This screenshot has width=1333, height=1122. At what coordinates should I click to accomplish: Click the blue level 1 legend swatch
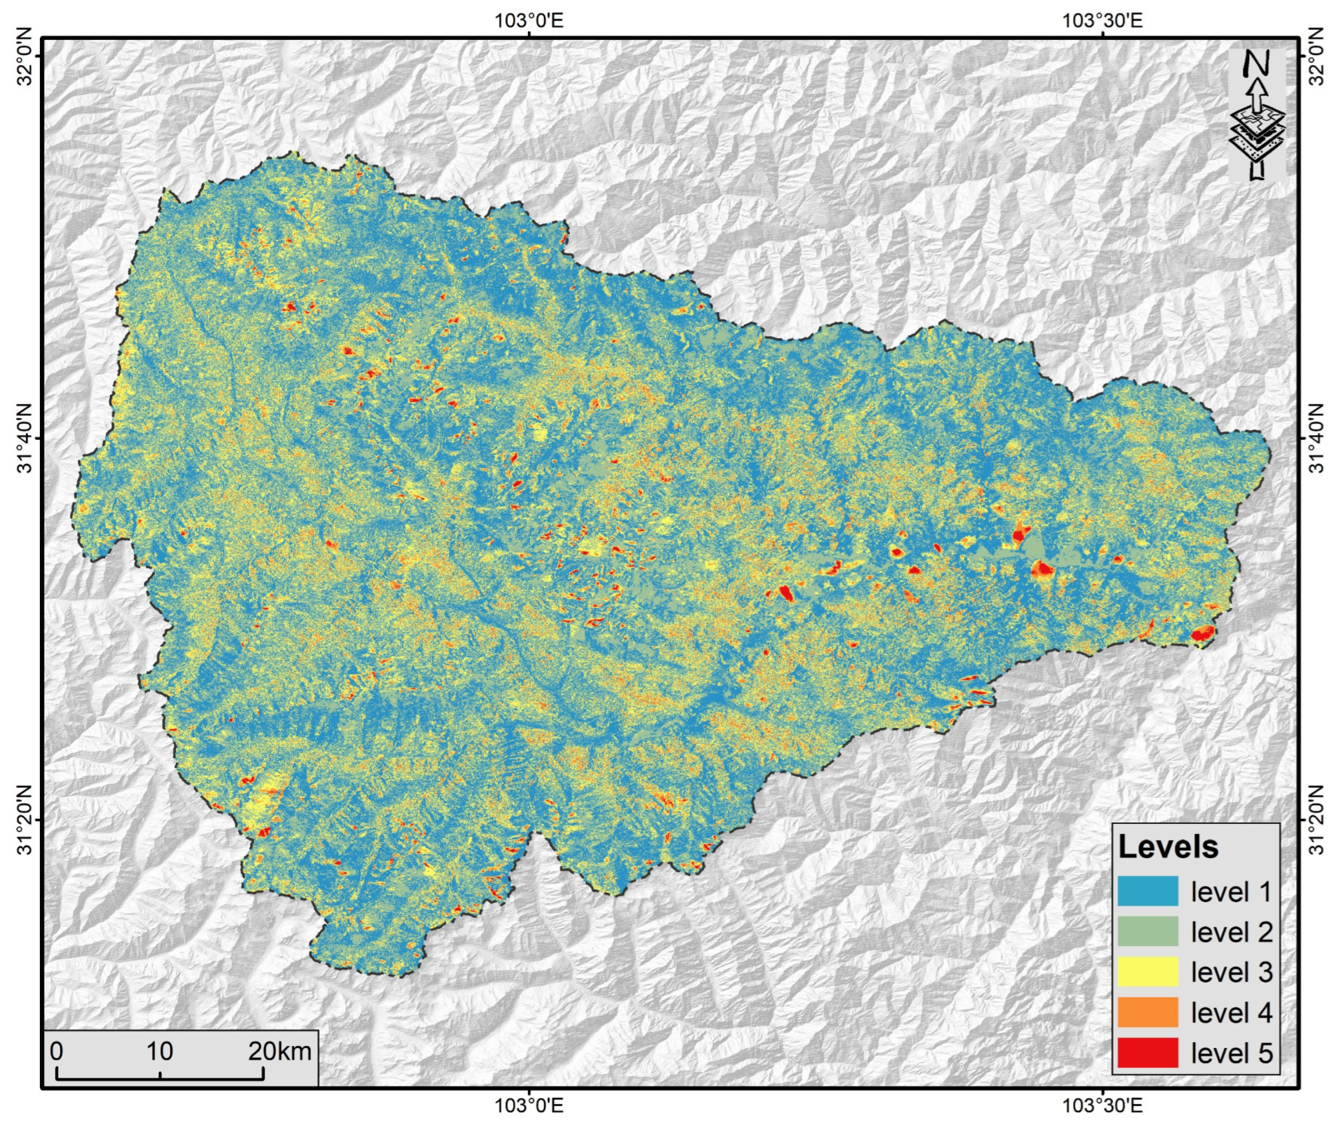click(1148, 892)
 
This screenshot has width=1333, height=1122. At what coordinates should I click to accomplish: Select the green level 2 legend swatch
click(1148, 932)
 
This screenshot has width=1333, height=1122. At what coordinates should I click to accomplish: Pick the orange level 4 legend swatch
click(1148, 1012)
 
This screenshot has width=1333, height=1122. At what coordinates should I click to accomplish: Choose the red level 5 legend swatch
click(1148, 1052)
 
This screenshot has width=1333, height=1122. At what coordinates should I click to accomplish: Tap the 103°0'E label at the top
click(529, 21)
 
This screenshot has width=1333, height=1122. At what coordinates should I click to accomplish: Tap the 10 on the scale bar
click(160, 1051)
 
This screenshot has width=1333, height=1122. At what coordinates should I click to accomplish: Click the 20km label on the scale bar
click(280, 1051)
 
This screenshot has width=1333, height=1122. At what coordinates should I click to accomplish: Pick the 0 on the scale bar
click(57, 1051)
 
